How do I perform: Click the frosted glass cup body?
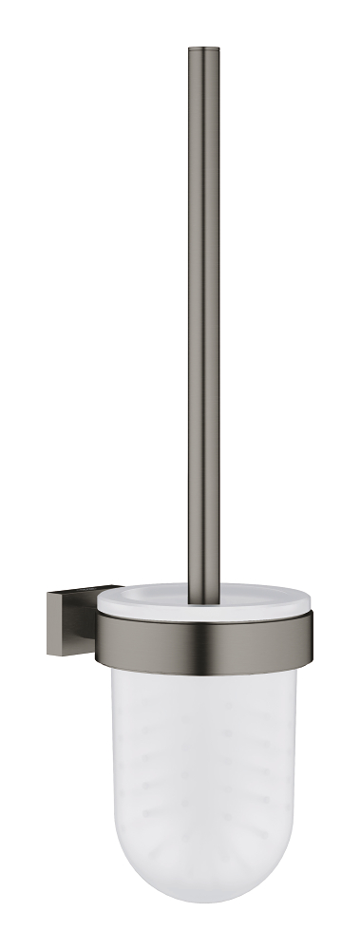pyautogui.click(x=204, y=760)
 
